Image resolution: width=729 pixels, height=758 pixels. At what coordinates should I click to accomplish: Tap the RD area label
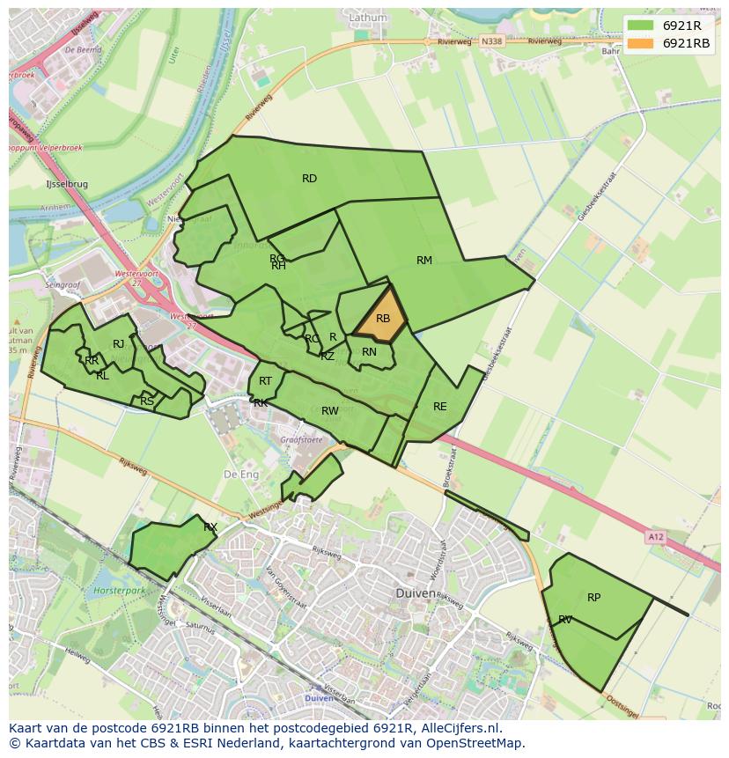pyautogui.click(x=309, y=179)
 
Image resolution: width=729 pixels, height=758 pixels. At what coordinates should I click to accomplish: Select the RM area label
pyautogui.click(x=424, y=261)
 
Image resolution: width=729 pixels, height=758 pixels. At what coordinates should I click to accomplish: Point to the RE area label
pyautogui.click(x=440, y=407)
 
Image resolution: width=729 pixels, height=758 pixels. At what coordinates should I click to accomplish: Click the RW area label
pyautogui.click(x=330, y=411)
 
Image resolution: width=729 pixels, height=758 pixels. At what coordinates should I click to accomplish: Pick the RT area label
pyautogui.click(x=266, y=380)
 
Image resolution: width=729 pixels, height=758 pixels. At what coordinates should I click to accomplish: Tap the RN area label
pyautogui.click(x=369, y=352)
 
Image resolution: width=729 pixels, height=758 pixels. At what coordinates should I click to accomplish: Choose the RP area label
pyautogui.click(x=594, y=598)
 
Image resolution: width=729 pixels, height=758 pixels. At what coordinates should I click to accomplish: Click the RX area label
pyautogui.click(x=210, y=527)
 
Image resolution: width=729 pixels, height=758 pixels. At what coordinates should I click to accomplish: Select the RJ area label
pyautogui.click(x=118, y=344)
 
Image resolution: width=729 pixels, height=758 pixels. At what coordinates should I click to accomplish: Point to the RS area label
pyautogui.click(x=147, y=401)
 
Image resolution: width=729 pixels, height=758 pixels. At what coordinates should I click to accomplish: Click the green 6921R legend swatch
pyautogui.click(x=641, y=25)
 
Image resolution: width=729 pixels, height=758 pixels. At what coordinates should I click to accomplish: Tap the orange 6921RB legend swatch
pyautogui.click(x=641, y=42)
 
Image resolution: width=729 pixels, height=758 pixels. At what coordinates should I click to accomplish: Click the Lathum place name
pyautogui.click(x=367, y=17)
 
